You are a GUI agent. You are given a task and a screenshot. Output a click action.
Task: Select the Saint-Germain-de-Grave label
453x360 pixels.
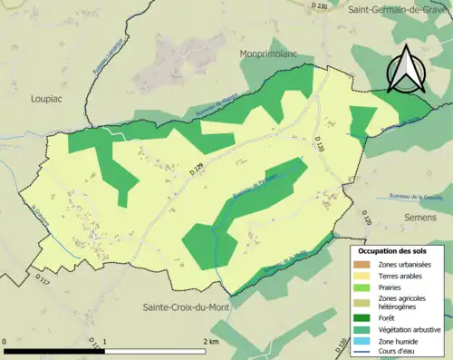point(400,8)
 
